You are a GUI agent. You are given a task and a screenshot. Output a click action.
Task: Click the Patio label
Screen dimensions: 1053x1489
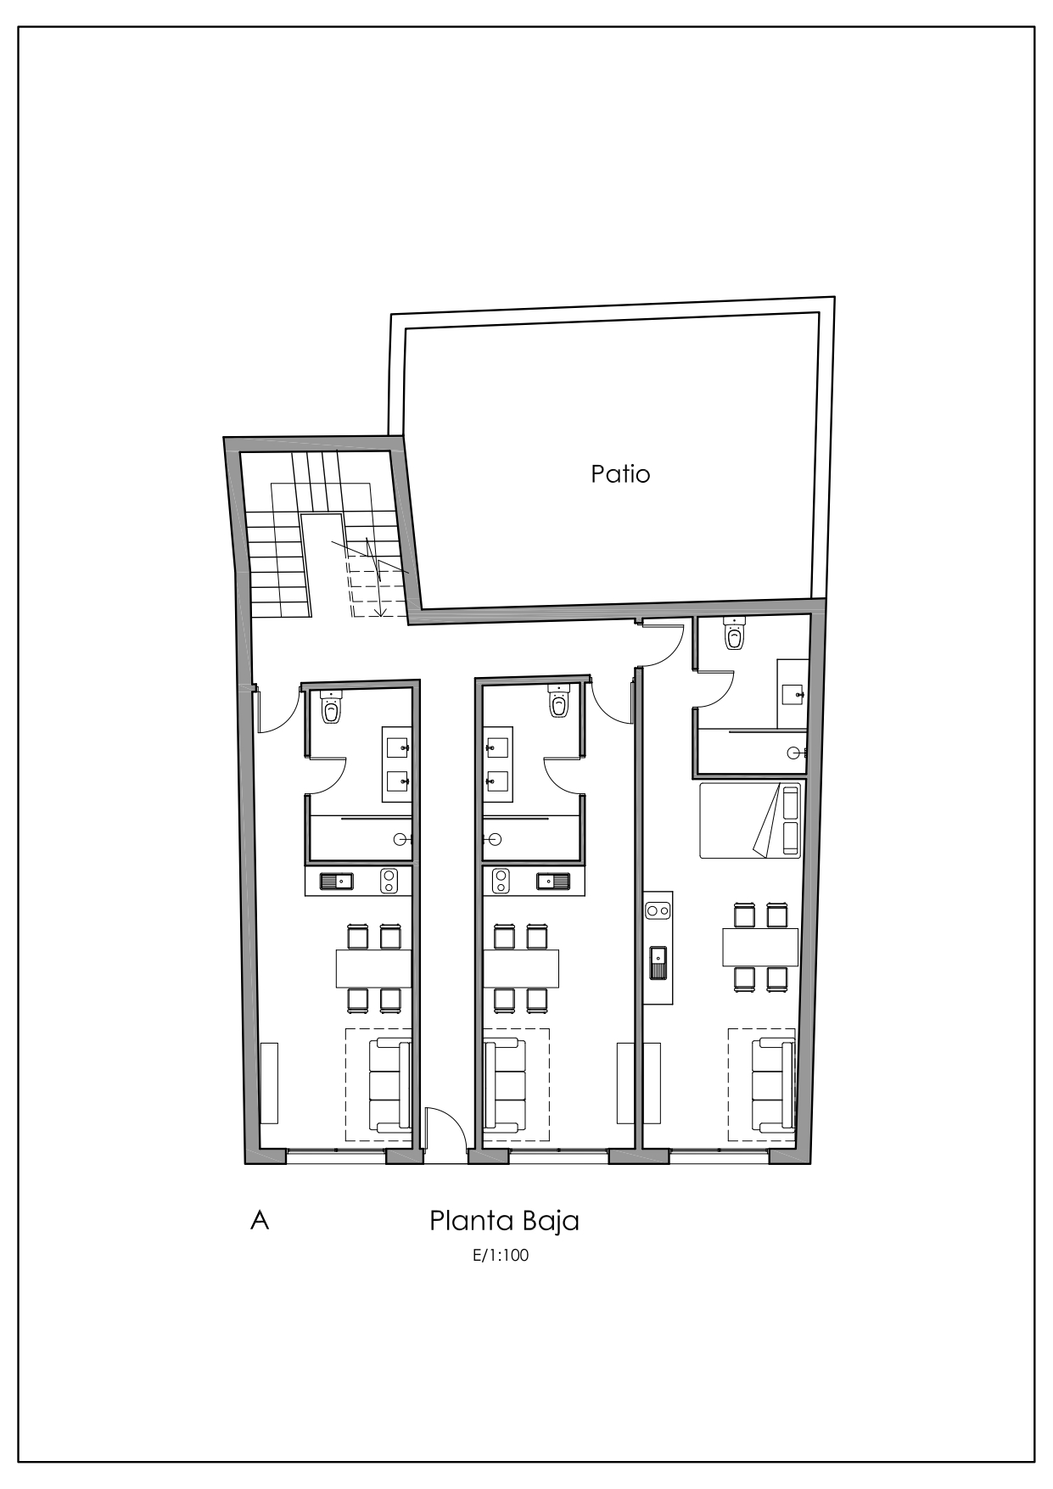620,473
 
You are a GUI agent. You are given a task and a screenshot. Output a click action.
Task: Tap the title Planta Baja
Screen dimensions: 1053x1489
504,1221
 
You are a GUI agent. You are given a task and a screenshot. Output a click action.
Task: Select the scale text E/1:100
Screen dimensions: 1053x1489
501,1256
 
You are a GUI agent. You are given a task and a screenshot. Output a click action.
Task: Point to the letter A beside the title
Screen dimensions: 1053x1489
260,1221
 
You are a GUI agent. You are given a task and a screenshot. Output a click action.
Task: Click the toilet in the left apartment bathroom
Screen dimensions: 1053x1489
331,708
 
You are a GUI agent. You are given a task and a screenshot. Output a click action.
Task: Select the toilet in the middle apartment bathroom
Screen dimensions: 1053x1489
558,702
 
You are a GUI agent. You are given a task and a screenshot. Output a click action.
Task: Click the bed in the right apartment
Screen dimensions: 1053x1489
750,820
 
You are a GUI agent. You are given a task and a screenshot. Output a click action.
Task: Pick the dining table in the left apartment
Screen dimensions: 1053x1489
373,968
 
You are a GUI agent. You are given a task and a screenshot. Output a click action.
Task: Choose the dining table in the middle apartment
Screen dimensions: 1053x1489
521,968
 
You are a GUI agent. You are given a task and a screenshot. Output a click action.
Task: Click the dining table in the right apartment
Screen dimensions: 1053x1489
760,947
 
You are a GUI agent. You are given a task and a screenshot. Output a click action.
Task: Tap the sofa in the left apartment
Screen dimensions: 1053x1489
390,1085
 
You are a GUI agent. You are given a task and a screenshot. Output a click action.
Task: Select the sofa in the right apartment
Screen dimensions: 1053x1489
773,1085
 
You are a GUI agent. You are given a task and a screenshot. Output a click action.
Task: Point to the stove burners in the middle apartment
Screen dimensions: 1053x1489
500,882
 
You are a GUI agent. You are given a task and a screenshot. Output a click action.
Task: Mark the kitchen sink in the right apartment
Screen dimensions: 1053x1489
658,961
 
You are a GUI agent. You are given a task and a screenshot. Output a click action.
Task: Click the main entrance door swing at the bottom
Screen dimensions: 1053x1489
445,1128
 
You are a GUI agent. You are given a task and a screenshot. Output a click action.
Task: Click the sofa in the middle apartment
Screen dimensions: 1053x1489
504,1085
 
